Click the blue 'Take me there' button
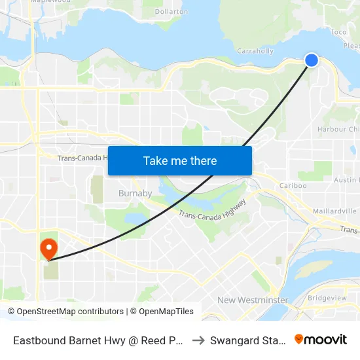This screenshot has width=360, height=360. [180, 161]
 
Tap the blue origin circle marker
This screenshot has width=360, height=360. [312, 60]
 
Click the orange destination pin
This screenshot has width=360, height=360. [48, 249]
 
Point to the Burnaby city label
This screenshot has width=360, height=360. [135, 193]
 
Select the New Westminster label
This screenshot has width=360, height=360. [253, 300]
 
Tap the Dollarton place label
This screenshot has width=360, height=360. [173, 12]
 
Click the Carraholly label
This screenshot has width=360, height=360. [255, 50]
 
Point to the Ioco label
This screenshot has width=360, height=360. [338, 31]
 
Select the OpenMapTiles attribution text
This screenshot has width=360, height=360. [162, 312]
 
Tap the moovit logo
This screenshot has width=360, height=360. [321, 340]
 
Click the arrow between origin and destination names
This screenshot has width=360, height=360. [199, 340]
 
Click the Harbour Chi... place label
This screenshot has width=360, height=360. [338, 129]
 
